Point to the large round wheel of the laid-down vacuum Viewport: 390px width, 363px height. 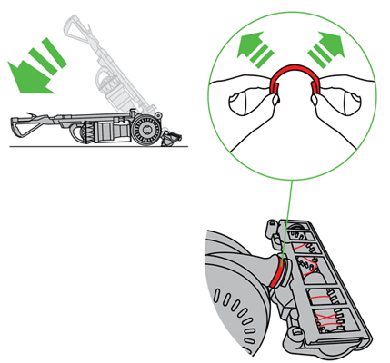145,130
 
